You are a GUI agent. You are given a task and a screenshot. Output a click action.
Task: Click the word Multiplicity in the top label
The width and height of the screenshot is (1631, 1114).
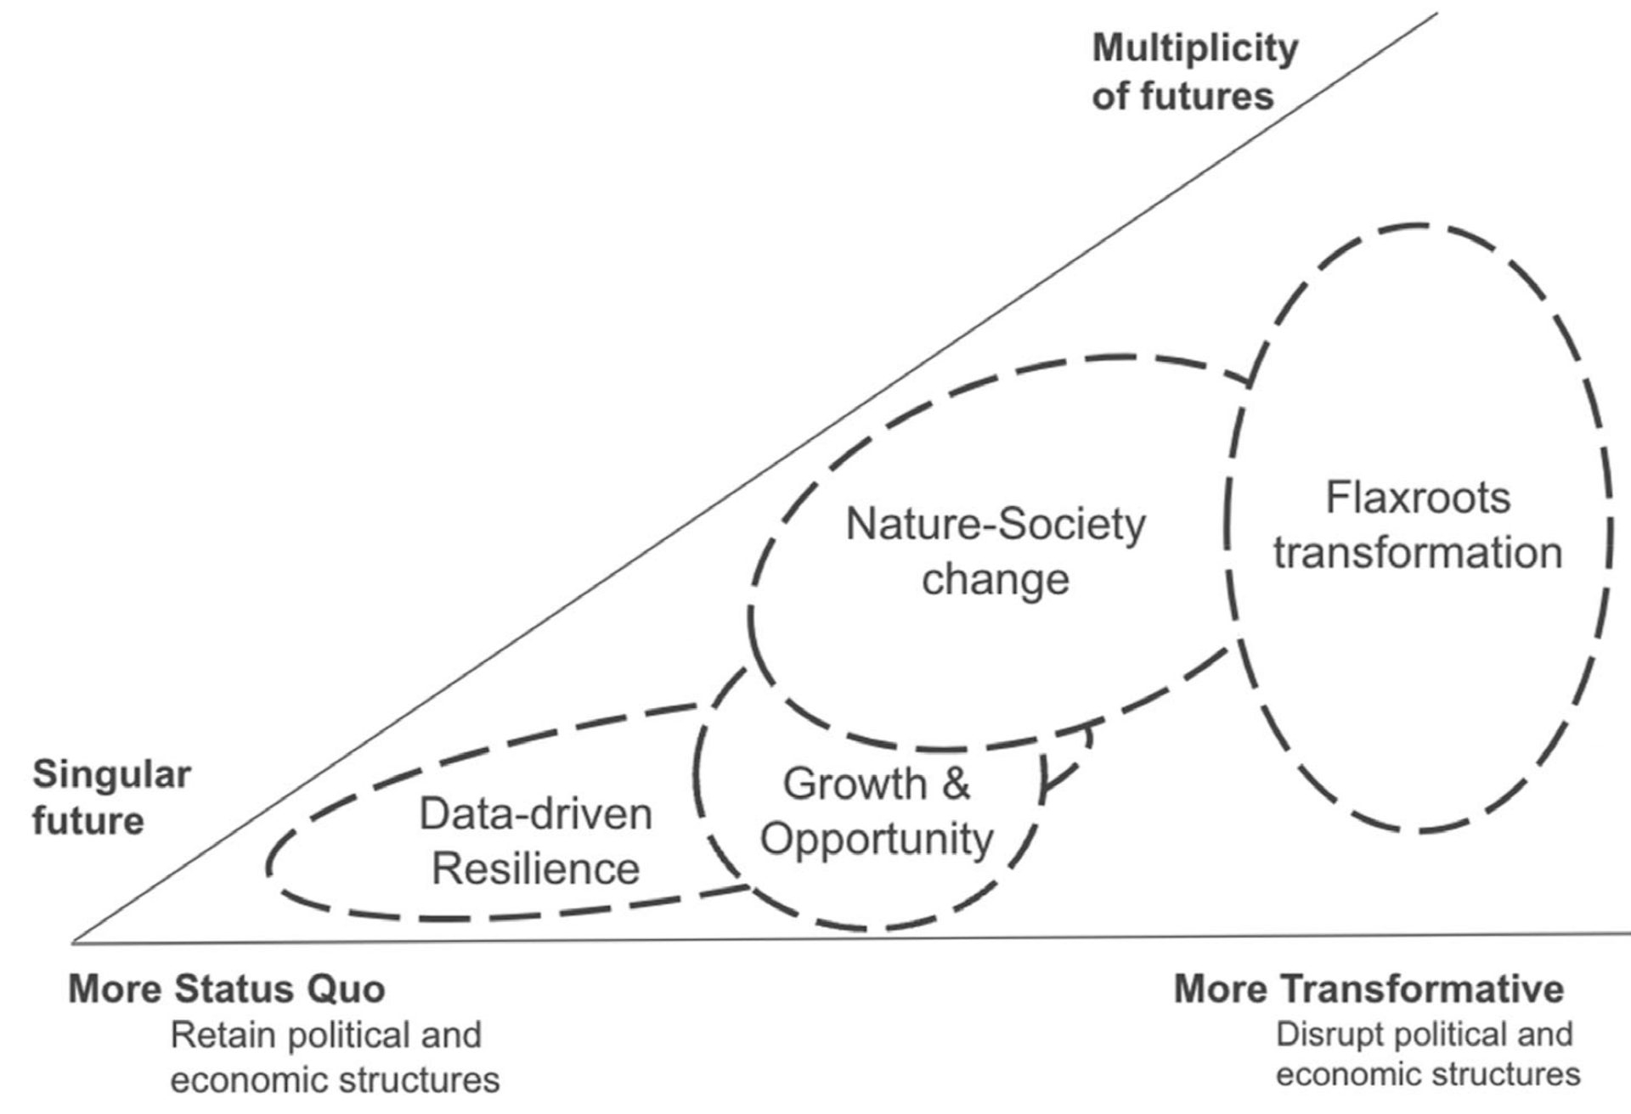pyautogui.click(x=1194, y=49)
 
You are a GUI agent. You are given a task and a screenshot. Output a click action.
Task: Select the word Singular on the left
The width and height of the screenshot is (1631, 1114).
pyautogui.click(x=111, y=774)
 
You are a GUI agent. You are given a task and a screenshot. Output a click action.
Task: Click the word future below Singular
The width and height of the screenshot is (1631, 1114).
pyautogui.click(x=87, y=821)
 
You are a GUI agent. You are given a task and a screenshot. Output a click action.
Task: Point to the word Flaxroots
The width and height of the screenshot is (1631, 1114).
pyautogui.click(x=1418, y=498)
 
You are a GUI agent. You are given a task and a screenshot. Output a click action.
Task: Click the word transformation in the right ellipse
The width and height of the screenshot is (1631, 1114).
pyautogui.click(x=1417, y=553)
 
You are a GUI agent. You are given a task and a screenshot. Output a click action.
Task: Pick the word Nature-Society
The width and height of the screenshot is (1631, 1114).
pyautogui.click(x=995, y=525)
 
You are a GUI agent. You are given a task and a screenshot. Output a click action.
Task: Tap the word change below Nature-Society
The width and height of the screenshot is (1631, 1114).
pyautogui.click(x=995, y=580)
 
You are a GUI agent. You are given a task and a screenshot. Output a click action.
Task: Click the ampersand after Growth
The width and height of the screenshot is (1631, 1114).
pyautogui.click(x=956, y=783)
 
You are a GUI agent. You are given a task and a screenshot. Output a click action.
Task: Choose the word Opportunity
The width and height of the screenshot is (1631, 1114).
pyautogui.click(x=876, y=839)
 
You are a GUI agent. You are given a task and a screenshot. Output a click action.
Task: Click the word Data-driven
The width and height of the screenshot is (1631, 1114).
pyautogui.click(x=535, y=814)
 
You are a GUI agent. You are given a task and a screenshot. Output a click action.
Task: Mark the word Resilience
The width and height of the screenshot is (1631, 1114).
pyautogui.click(x=535, y=869)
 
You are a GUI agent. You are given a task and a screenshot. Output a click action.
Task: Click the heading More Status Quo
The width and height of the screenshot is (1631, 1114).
pyautogui.click(x=226, y=989)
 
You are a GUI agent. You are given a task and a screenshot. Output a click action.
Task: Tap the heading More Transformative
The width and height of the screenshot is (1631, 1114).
pyautogui.click(x=1368, y=989)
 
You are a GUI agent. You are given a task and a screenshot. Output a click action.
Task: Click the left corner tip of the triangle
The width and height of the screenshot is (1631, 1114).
pyautogui.click(x=74, y=942)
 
